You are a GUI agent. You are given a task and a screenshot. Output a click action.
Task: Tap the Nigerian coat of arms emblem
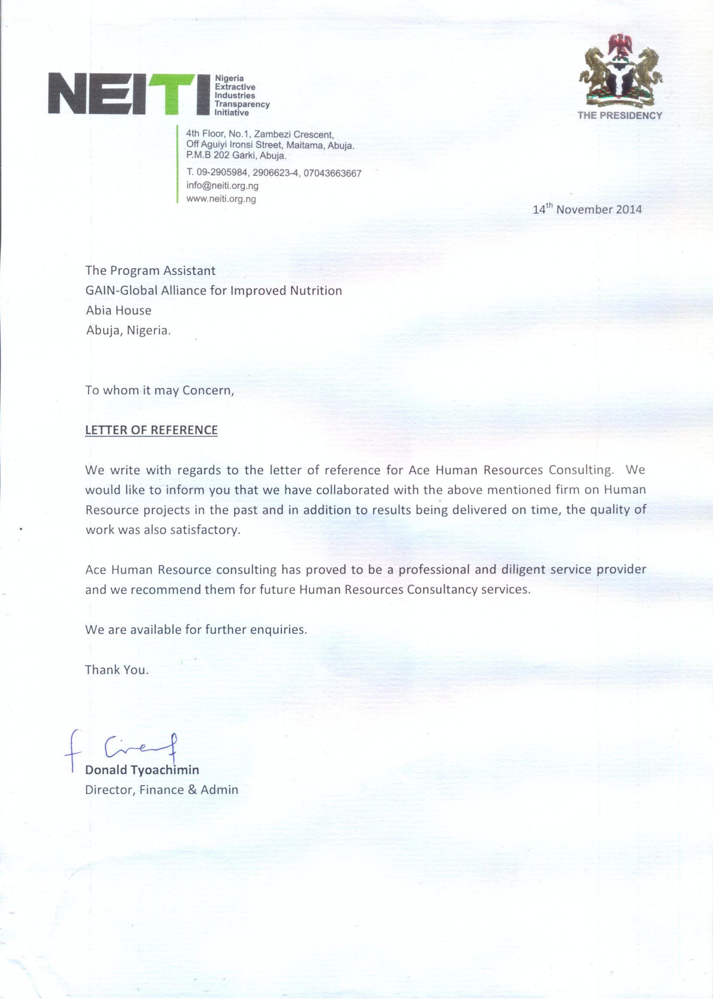(x=620, y=70)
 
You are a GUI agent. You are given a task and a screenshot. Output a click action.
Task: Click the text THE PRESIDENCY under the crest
(x=619, y=116)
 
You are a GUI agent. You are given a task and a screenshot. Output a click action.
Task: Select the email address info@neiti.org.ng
(x=222, y=186)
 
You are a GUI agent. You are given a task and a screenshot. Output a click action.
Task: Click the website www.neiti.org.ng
(x=221, y=199)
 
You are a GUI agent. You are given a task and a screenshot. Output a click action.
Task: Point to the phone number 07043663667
(x=332, y=174)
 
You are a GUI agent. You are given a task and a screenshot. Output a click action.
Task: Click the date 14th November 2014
(x=587, y=209)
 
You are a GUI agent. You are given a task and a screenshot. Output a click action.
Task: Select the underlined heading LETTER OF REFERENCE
(x=151, y=430)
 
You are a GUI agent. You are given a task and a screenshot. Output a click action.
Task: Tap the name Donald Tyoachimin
(x=142, y=770)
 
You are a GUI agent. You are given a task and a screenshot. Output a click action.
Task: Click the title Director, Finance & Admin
(x=161, y=790)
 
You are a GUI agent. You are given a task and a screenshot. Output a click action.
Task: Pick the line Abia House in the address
(x=119, y=311)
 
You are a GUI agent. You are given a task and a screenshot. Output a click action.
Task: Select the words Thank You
(x=117, y=670)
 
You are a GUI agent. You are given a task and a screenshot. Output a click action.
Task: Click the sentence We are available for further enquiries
(x=196, y=630)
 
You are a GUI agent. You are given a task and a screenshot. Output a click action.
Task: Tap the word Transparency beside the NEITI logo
(x=242, y=104)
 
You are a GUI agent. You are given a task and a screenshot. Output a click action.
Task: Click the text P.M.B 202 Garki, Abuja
(x=236, y=156)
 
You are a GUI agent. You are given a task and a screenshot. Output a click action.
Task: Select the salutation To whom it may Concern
(x=159, y=390)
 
